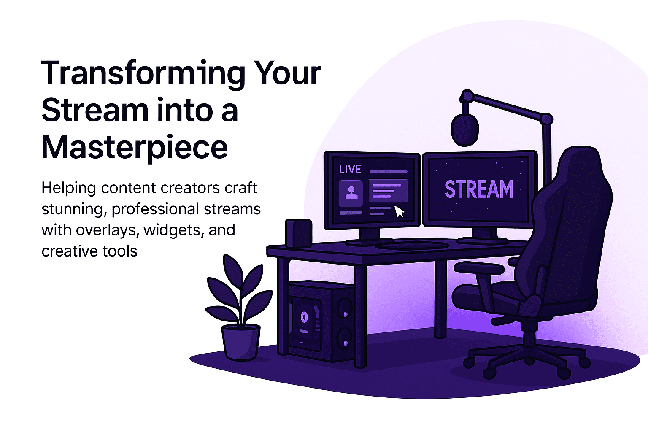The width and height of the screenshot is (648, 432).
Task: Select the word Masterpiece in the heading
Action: pos(135,148)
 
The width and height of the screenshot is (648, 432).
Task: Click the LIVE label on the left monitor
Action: pos(350,169)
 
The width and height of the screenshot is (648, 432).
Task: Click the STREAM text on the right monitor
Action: pos(479,189)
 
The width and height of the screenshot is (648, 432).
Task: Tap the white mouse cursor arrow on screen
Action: pos(400,211)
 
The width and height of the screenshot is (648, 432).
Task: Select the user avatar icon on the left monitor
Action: pos(351,193)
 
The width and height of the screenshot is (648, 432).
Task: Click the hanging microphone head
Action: pos(465,130)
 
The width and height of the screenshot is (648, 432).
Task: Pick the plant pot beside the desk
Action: pos(241,343)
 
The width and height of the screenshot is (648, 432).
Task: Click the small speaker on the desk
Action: pos(298,233)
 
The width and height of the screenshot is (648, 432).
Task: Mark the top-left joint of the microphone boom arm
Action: pos(467,96)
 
